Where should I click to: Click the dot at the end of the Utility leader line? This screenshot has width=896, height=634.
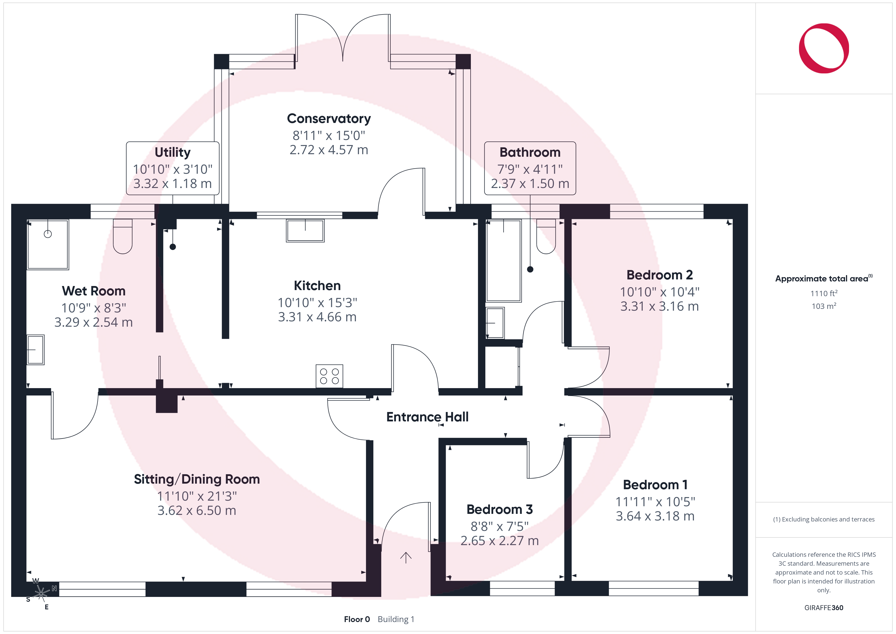173,247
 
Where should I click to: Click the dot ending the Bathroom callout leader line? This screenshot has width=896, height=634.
530,269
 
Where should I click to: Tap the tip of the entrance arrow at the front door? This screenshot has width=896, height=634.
406,553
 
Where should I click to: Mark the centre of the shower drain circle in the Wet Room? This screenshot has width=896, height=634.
47,234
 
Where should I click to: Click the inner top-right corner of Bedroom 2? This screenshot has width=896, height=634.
732,219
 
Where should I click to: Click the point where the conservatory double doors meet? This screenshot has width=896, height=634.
343,61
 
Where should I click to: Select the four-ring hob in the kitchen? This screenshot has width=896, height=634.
329,376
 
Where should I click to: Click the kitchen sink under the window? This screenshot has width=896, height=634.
305,230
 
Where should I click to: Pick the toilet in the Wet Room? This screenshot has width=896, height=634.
122,236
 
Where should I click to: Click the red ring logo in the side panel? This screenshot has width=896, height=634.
824,49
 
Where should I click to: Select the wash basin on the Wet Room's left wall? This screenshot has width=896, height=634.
36,350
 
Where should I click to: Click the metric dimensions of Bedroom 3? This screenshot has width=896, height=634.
500,541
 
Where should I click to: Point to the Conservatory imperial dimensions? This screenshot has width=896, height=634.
329,135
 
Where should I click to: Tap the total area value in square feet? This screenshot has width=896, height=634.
824,293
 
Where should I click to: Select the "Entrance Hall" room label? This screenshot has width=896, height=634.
427,417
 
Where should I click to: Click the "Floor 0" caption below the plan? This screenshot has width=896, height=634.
357,619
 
